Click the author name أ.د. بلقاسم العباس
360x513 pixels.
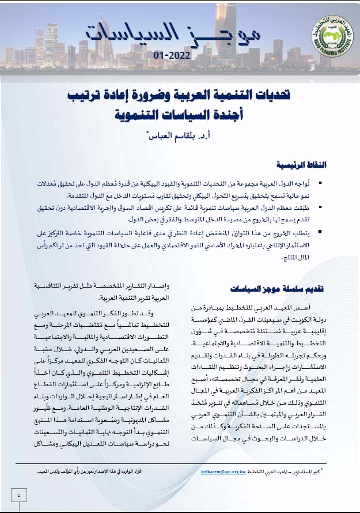pos(180,137)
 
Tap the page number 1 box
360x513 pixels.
pos(20,495)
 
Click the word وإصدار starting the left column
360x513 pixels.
pos(161,286)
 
